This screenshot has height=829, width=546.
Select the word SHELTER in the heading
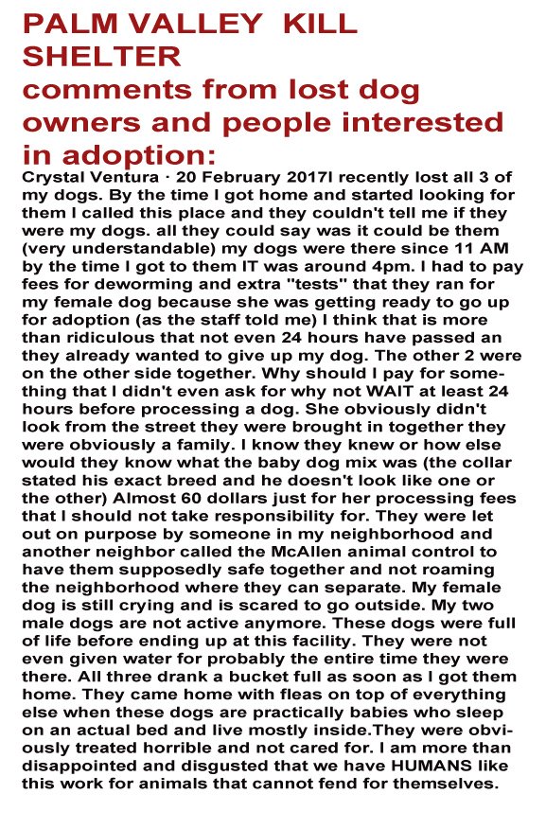(x=101, y=56)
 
